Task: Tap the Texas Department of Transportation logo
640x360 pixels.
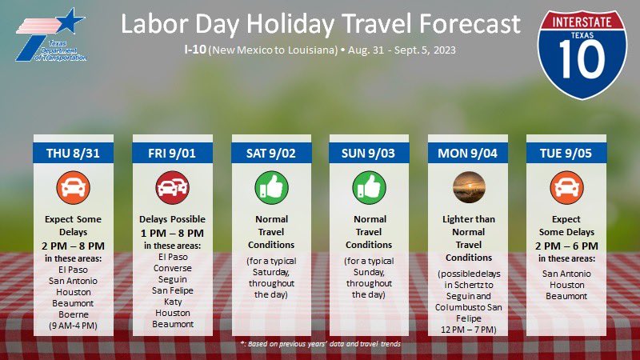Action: [x=50, y=36]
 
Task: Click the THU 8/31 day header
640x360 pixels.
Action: [x=70, y=153]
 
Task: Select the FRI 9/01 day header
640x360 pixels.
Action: [x=168, y=153]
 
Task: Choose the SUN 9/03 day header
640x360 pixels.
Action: [x=364, y=153]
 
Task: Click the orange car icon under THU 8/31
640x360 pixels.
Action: [x=70, y=187]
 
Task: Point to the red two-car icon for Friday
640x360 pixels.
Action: [x=168, y=187]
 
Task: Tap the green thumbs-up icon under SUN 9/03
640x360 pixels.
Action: [x=364, y=187]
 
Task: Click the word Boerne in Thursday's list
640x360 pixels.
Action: [x=70, y=315]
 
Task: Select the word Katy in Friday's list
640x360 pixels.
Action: [x=168, y=302]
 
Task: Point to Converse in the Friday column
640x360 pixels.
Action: [x=168, y=268]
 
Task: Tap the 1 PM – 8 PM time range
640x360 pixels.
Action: [x=168, y=233]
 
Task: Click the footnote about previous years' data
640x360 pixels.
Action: [x=320, y=343]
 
